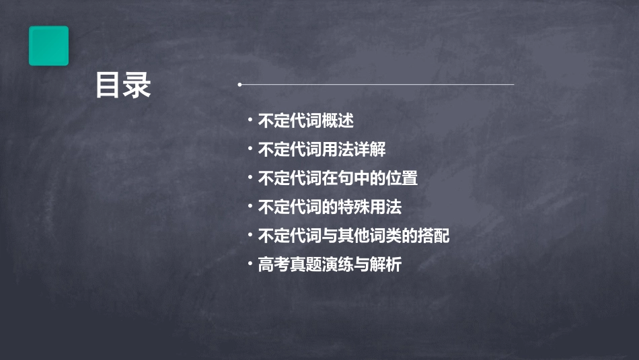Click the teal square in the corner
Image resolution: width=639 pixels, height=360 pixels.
(x=48, y=46)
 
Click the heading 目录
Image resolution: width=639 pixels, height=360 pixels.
(x=123, y=85)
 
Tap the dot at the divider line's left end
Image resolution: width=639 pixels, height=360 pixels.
(x=239, y=85)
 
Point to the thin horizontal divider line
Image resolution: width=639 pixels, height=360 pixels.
(x=377, y=85)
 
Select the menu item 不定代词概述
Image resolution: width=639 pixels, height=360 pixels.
(x=306, y=121)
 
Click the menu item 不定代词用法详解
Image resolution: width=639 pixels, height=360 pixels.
(x=322, y=150)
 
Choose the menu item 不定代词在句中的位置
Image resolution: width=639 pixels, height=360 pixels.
(x=338, y=179)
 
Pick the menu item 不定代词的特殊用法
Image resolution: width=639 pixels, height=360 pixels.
(x=330, y=207)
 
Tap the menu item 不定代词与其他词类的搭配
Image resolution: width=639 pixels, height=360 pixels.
(x=354, y=236)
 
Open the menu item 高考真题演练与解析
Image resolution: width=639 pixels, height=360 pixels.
(x=330, y=265)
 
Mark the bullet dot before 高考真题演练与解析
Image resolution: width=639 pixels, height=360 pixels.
(x=250, y=264)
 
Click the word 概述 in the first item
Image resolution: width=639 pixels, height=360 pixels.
(x=338, y=121)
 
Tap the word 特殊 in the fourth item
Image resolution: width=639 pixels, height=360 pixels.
(x=354, y=207)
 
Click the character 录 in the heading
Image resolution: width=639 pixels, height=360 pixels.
(x=137, y=85)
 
